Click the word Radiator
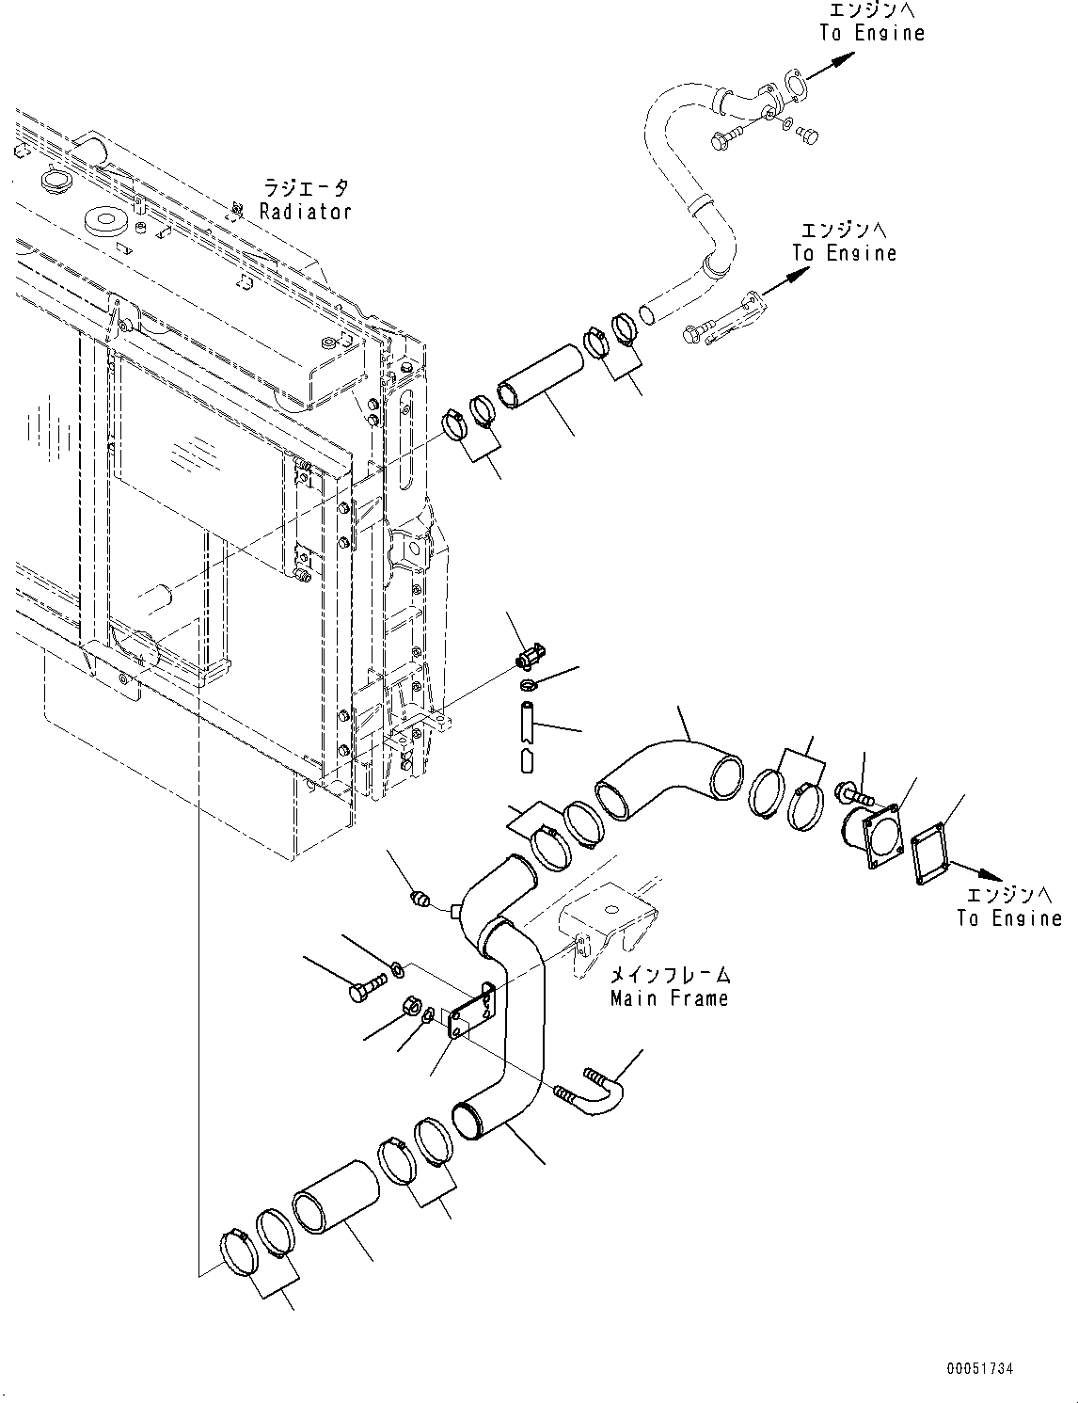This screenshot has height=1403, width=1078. pyautogui.click(x=306, y=212)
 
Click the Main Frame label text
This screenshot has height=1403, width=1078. pyautogui.click(x=669, y=997)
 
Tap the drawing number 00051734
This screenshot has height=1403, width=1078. pyautogui.click(x=980, y=1370)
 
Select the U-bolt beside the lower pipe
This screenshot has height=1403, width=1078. pyautogui.click(x=597, y=1093)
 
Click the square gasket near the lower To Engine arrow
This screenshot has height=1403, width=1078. pyautogui.click(x=929, y=854)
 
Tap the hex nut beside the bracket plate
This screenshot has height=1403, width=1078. pyautogui.click(x=411, y=1005)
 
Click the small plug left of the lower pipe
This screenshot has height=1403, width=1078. pyautogui.click(x=421, y=901)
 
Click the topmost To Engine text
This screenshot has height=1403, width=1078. pyautogui.click(x=872, y=33)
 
